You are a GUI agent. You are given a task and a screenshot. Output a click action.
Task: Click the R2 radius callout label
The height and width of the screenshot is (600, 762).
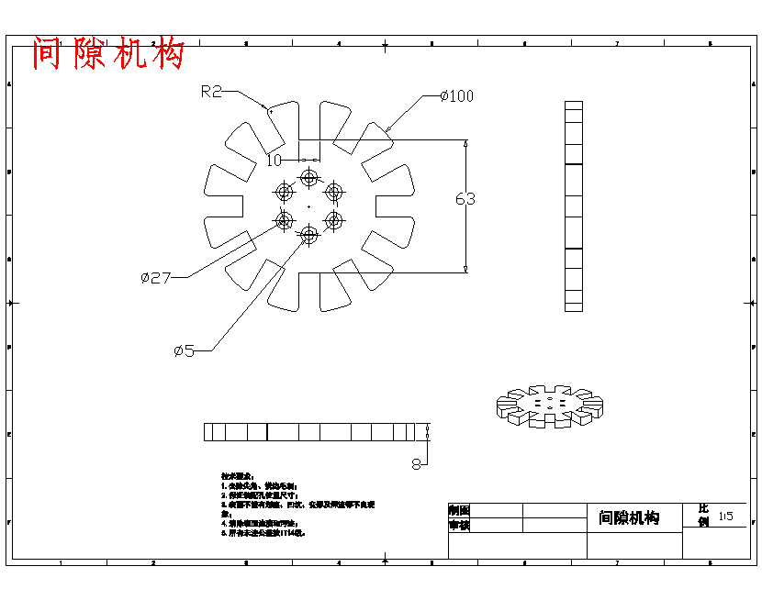[x=212, y=91]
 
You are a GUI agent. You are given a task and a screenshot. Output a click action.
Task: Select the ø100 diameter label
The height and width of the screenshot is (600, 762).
[x=456, y=96]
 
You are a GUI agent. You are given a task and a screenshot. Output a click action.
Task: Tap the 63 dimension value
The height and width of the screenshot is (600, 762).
[x=465, y=198]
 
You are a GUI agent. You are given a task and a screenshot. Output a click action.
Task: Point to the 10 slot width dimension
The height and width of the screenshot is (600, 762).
[x=274, y=161]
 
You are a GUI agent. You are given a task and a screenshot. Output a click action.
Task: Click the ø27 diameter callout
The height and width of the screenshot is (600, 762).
[x=156, y=277]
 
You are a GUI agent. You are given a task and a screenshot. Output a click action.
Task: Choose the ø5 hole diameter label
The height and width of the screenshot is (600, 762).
[x=184, y=350]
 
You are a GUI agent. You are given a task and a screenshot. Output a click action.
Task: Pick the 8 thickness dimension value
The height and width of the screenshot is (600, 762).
[x=416, y=464]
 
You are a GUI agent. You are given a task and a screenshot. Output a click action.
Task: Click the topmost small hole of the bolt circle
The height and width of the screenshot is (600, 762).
[x=308, y=177]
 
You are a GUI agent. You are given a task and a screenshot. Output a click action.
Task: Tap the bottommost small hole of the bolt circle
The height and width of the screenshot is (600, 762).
[x=308, y=236]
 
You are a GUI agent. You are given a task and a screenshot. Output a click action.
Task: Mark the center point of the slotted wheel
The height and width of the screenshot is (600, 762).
[x=308, y=207]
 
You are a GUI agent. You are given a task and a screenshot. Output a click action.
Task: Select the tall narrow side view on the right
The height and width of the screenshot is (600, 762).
[x=574, y=206]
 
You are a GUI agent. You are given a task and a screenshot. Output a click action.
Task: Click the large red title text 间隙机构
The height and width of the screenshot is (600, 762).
[x=108, y=54]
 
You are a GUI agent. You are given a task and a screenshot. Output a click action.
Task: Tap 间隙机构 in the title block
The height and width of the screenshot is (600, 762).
[x=629, y=518]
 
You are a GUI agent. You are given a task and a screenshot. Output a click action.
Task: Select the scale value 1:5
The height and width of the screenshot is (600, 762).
[x=726, y=517]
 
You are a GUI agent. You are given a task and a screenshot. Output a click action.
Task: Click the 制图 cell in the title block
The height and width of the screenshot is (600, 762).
[x=459, y=510]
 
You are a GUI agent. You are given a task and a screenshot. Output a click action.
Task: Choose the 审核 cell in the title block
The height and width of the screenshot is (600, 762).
[x=459, y=526]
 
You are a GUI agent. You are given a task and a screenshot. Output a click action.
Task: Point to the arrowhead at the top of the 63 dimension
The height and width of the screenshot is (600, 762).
[x=465, y=143]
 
